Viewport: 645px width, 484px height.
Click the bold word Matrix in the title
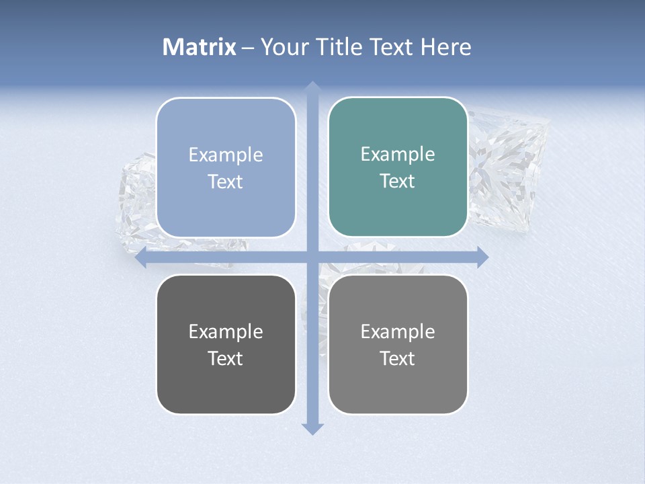200,47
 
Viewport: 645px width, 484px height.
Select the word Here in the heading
446,47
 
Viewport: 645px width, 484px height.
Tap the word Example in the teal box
398,155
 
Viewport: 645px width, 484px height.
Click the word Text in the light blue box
226,182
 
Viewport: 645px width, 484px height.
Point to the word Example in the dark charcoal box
226,331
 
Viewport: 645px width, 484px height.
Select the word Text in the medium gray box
398,359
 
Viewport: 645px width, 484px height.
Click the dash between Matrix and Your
249,48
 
